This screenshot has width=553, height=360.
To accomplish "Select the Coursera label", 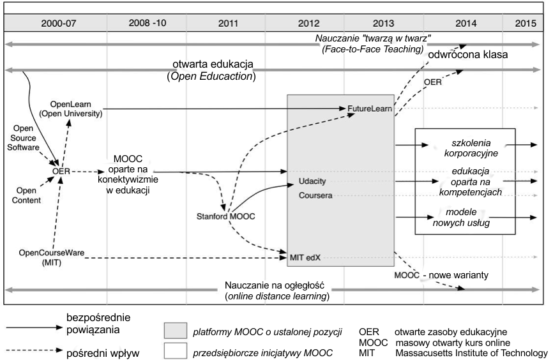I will (315, 196).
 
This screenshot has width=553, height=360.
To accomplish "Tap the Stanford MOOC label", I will (226, 216).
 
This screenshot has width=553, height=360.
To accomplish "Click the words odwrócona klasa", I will (477, 56).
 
